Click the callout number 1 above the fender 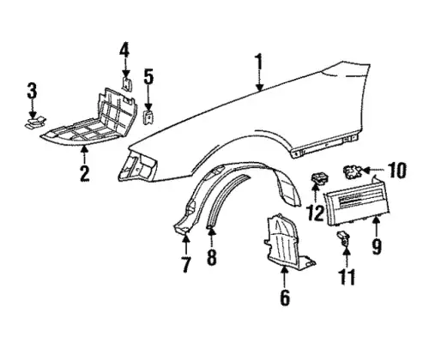[259, 62]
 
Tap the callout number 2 [85, 173]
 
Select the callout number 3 [32, 90]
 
